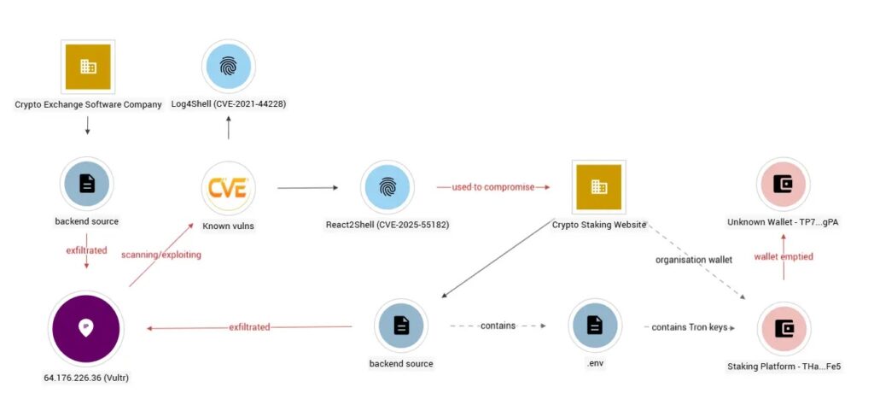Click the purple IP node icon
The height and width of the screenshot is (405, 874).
pos(86,328)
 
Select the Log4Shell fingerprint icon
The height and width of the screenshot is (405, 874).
pos(228,67)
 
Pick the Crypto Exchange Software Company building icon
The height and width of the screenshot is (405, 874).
pos(88,66)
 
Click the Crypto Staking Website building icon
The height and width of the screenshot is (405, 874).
pos(599,187)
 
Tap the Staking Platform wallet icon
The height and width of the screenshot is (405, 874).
pos(783,328)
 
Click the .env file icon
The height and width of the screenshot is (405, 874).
pos(595,326)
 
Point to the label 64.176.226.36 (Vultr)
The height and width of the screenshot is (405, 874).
pos(86,377)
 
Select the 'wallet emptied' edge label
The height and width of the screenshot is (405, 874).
pos(784,256)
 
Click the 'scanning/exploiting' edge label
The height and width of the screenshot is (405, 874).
pos(161,255)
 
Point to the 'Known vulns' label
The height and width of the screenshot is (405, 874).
pos(228,226)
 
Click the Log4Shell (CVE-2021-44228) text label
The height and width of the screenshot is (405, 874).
pos(228,104)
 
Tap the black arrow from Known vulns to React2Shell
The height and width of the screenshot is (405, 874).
pos(308,188)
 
